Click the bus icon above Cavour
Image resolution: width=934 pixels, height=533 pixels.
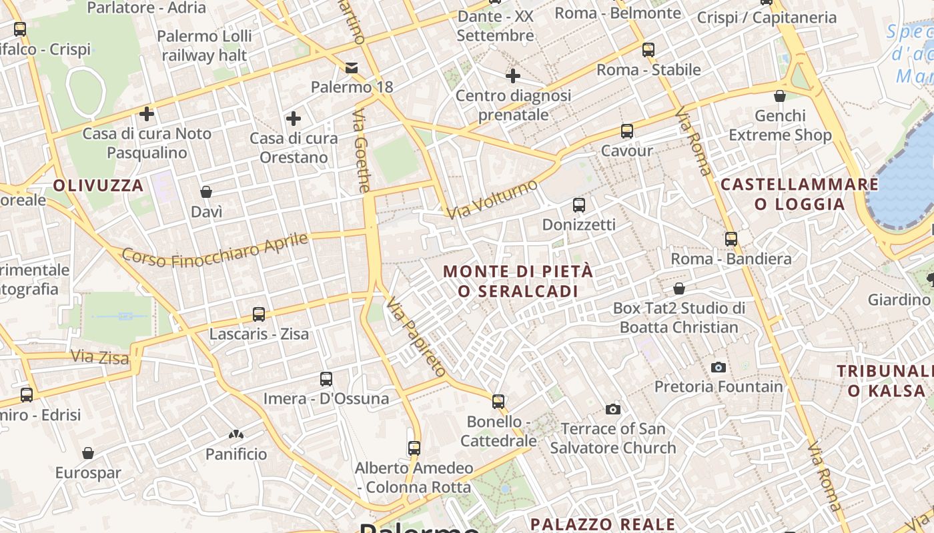click(x=626, y=131)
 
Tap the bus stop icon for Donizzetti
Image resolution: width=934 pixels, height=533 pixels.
click(x=579, y=205)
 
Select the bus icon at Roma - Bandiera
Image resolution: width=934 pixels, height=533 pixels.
click(x=731, y=239)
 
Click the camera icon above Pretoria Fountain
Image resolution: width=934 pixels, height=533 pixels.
click(x=719, y=367)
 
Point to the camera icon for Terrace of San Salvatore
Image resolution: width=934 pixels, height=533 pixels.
click(x=613, y=408)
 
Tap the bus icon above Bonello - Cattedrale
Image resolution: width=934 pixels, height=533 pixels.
click(x=498, y=401)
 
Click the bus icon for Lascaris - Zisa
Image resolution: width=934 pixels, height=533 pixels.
click(x=259, y=314)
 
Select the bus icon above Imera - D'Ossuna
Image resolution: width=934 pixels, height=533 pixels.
click(x=326, y=378)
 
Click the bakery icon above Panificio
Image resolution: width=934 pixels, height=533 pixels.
click(x=236, y=434)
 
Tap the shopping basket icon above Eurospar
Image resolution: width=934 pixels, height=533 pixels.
click(x=88, y=453)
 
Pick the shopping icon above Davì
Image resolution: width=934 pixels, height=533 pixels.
click(x=206, y=192)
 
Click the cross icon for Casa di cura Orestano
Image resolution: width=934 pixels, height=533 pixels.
click(x=293, y=119)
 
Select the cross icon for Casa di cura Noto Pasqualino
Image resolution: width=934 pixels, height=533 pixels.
click(x=147, y=113)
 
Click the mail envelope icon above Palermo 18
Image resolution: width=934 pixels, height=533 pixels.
click(x=352, y=67)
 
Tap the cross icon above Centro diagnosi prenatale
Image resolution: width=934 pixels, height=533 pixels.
click(x=512, y=76)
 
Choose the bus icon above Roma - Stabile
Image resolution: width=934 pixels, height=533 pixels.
click(x=648, y=49)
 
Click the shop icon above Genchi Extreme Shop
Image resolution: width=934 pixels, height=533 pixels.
click(x=780, y=96)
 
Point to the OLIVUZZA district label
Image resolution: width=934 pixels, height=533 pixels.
click(x=98, y=185)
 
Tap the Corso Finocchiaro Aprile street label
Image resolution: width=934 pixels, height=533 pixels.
click(x=215, y=249)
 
